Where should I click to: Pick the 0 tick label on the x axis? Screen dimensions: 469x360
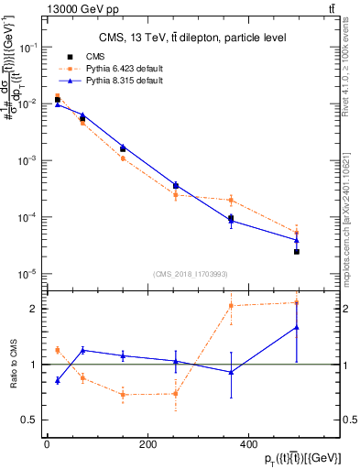[47, 444]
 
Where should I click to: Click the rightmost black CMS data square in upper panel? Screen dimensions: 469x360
[297, 251]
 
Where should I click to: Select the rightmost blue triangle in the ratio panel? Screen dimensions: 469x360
[297, 327]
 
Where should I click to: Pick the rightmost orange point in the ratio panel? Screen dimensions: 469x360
[297, 302]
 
